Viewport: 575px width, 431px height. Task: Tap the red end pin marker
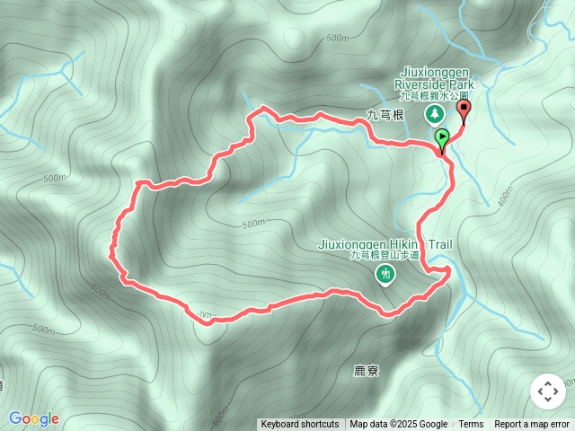point(464,110)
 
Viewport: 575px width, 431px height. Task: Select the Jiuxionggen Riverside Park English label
point(434,80)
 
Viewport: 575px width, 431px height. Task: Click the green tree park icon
point(434,114)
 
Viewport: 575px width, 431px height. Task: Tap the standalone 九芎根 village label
point(386,115)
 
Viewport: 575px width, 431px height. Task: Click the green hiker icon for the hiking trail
point(387,273)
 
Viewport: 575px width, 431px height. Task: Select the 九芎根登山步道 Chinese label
point(386,256)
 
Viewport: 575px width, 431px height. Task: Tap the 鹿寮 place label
point(366,369)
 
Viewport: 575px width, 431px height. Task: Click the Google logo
point(33,418)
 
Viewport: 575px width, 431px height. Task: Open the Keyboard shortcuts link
point(300,425)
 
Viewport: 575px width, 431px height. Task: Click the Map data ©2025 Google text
point(398,425)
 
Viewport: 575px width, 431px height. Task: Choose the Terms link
point(471,425)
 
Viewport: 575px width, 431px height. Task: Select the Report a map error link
point(534,425)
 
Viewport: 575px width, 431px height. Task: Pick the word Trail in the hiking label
point(438,244)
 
